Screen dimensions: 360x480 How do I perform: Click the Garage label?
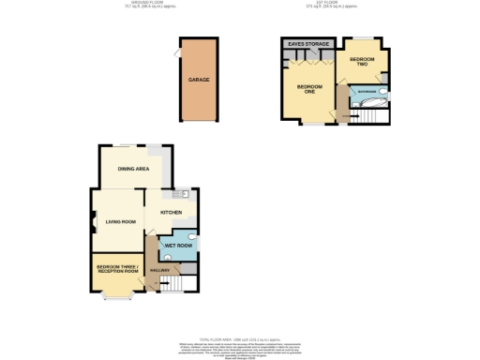pyautogui.click(x=198, y=81)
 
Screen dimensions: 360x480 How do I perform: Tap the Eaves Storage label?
pyautogui.click(x=308, y=44)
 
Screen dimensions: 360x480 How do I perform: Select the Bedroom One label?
pyautogui.click(x=309, y=89)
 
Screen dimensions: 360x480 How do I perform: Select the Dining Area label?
pyautogui.click(x=133, y=169)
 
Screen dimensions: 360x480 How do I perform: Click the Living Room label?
pyautogui.click(x=121, y=221)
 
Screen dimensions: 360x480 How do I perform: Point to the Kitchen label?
pyautogui.click(x=171, y=213)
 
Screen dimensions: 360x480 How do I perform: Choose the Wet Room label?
pyautogui.click(x=177, y=246)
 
